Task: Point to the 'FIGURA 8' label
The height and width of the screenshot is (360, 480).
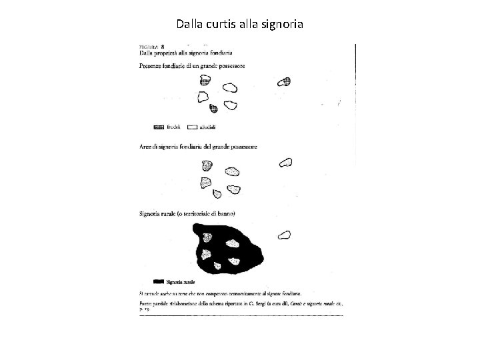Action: (x=152, y=46)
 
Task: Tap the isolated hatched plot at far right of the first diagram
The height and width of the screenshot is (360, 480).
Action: (x=285, y=82)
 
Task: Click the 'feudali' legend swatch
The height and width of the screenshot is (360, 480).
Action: (x=159, y=125)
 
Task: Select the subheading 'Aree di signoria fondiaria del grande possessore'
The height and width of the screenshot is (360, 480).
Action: (x=198, y=146)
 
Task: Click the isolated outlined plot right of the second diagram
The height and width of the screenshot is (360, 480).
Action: (x=285, y=162)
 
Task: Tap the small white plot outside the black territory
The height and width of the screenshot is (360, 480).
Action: (x=285, y=234)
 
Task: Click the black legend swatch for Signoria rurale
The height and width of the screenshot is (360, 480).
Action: (x=159, y=281)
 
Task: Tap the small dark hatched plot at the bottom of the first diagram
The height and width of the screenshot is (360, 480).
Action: (x=213, y=109)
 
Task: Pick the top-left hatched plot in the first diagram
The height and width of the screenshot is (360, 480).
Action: (x=205, y=81)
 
